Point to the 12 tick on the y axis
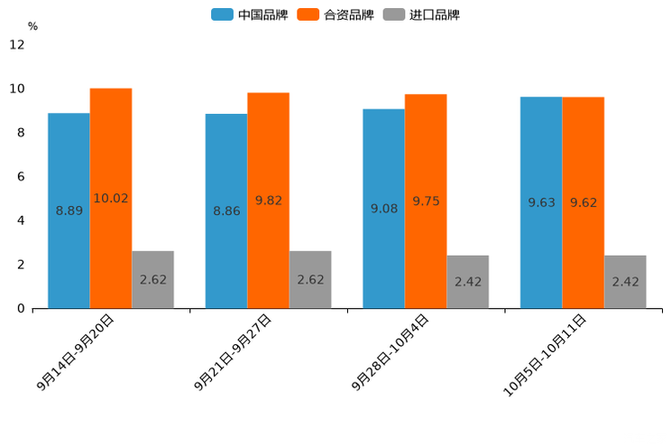17,44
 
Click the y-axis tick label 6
21,176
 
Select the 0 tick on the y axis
21,309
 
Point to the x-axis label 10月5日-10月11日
545,355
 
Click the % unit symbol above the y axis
32,26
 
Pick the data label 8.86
226,210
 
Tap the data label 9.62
584,202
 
